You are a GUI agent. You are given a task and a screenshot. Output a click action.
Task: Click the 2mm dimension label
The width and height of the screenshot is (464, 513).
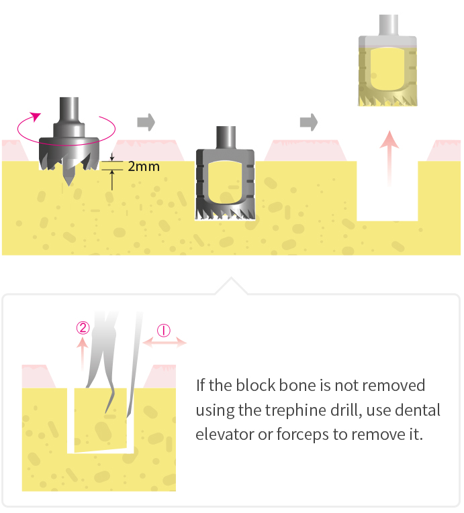coord(144,166)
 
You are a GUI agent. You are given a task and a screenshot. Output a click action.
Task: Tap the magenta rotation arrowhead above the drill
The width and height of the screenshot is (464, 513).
coord(35,117)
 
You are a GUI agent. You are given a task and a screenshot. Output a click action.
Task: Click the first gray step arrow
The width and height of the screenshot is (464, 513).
coord(146,122)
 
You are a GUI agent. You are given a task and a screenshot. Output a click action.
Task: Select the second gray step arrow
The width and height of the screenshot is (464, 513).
coord(309,122)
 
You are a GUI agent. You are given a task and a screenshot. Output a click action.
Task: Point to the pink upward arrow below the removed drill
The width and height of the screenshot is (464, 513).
coord(389,159)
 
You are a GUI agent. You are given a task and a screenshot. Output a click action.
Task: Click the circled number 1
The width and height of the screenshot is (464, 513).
coord(164,331)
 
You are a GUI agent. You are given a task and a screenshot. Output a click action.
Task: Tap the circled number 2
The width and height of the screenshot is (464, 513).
coord(83,328)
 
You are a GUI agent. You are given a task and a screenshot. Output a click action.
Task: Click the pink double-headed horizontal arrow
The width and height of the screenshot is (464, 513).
coord(165,343)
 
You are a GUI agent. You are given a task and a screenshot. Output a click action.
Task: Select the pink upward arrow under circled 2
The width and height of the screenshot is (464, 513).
coord(82,354)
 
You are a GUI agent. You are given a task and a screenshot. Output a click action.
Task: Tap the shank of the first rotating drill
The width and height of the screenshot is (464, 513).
coord(68,110)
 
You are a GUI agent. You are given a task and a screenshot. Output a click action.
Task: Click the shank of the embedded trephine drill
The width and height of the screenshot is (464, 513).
coord(226,138)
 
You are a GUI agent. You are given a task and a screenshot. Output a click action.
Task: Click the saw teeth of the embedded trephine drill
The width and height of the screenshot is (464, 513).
coord(225,212)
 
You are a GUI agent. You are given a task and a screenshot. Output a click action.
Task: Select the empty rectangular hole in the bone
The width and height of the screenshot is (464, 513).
coord(387,191)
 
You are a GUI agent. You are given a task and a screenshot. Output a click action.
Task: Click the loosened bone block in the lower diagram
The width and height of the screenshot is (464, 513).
coord(100,420)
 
